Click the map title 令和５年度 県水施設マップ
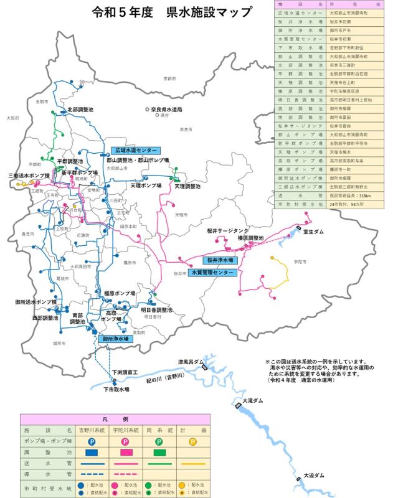(x=172, y=12)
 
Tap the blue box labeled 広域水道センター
(x=136, y=151)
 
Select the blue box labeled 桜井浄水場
(x=221, y=260)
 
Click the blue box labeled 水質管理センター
(x=213, y=273)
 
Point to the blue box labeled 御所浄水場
(x=115, y=339)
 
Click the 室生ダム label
(x=313, y=232)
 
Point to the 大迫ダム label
(x=315, y=475)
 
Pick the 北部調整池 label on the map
(x=80, y=110)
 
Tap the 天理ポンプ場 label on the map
(x=146, y=186)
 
